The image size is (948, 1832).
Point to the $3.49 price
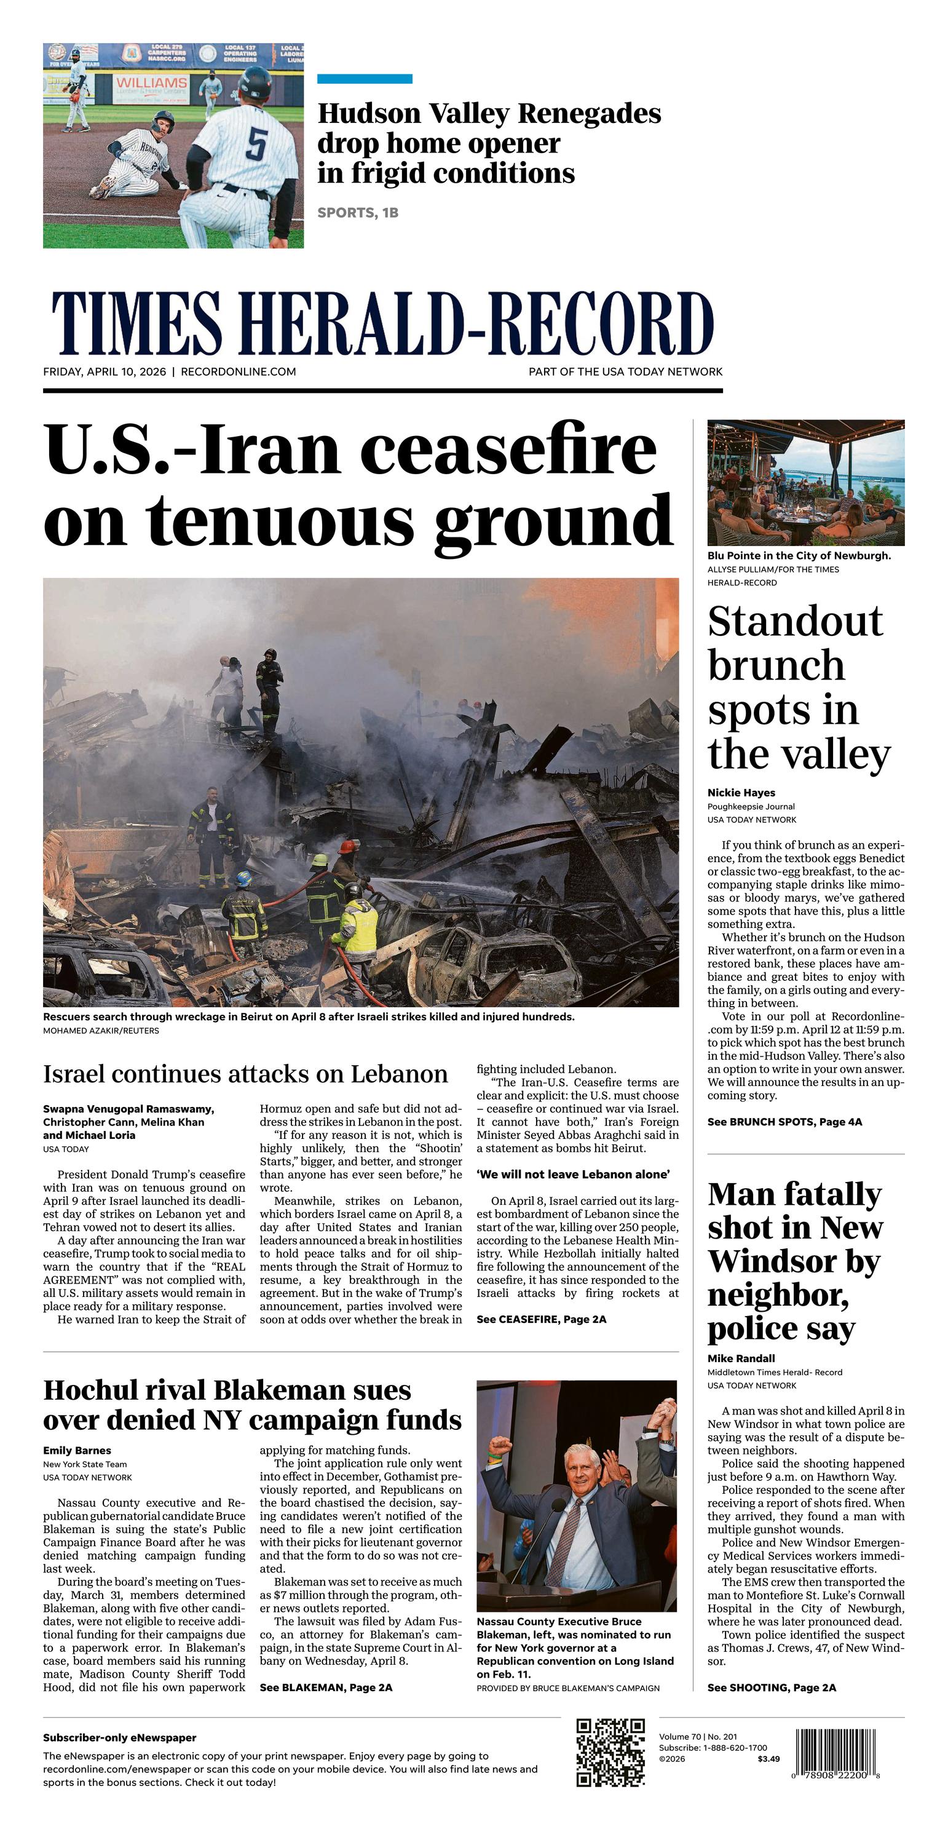click(x=768, y=1759)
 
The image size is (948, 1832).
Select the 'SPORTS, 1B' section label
click(x=358, y=213)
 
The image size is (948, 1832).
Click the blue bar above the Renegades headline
click(x=364, y=79)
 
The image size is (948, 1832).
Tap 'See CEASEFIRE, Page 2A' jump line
click(x=541, y=1319)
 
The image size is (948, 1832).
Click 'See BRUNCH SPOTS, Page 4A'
click(x=784, y=1122)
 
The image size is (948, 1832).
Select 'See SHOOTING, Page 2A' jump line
click(x=772, y=1687)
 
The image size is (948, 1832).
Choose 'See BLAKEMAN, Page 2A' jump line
click(x=326, y=1687)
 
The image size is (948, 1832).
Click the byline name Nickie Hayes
click(x=741, y=792)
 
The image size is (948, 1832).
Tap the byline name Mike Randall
click(x=741, y=1358)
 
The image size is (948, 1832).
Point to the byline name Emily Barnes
click(x=77, y=1450)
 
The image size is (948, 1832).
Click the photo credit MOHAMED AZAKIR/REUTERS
click(x=101, y=1031)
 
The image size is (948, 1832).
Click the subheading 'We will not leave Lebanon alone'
click(x=572, y=1174)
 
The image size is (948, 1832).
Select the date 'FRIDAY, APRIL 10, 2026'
click(x=105, y=372)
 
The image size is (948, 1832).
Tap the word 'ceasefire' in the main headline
click(x=508, y=450)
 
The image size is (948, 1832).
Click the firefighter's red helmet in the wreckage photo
click(x=347, y=846)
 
